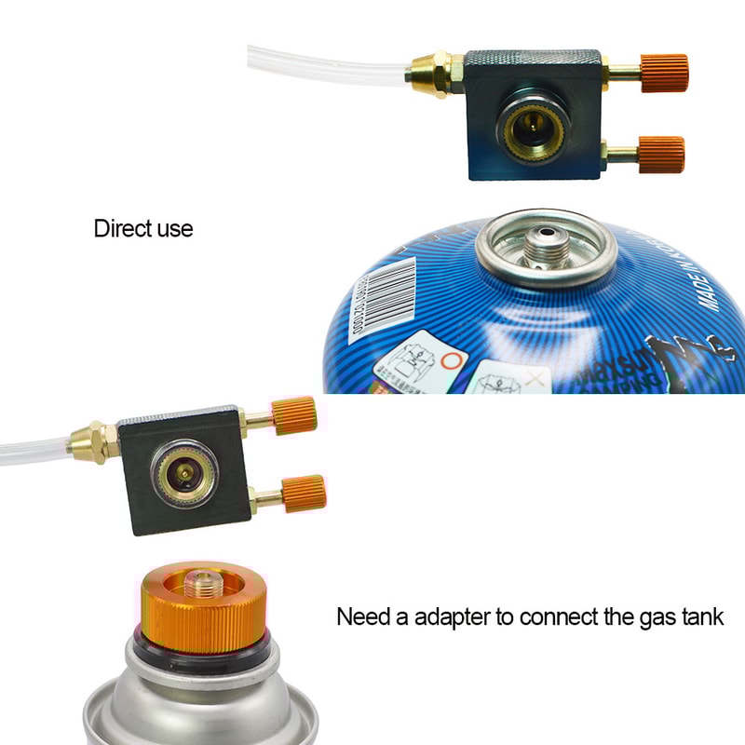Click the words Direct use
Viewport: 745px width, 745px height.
pos(143,228)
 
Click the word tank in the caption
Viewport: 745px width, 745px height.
pos(701,616)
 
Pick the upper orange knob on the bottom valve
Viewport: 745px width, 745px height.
pos(293,414)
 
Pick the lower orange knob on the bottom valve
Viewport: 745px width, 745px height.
pos(303,493)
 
